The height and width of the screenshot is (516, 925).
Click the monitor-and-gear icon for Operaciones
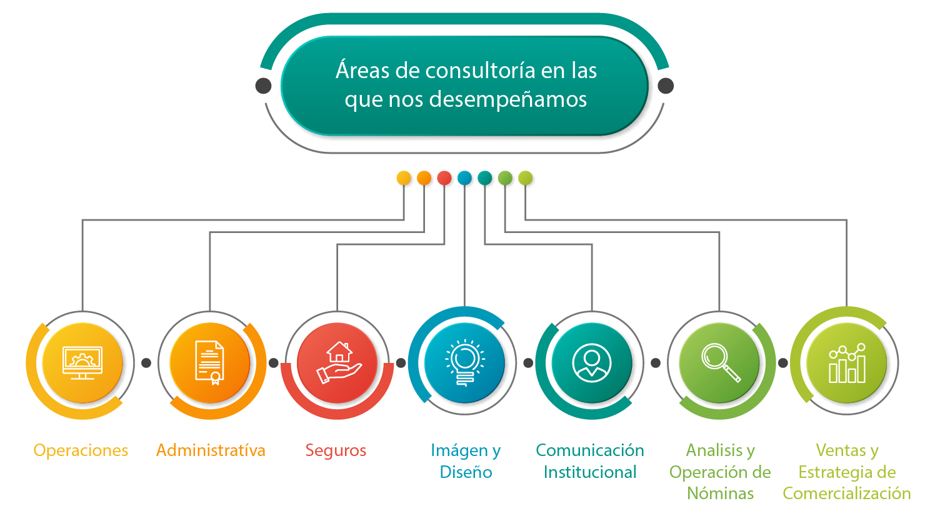click(x=82, y=363)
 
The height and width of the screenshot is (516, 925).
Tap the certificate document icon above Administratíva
click(x=210, y=363)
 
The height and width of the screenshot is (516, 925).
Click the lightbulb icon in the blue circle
click(x=465, y=363)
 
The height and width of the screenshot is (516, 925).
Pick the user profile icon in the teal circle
click(x=592, y=363)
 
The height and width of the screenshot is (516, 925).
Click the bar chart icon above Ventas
click(x=847, y=363)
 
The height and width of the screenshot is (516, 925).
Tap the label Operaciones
click(x=81, y=450)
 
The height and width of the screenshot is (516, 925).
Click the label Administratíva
click(x=211, y=450)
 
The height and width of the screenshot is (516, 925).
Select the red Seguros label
click(x=336, y=451)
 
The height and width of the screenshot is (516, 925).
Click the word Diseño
click(x=466, y=472)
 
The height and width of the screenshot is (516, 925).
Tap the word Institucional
click(x=590, y=472)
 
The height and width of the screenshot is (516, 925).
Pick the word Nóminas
click(x=720, y=494)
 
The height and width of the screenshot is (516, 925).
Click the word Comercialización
click(x=847, y=494)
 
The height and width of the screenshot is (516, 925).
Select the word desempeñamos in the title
click(x=508, y=100)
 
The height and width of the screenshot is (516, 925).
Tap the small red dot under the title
click(x=444, y=178)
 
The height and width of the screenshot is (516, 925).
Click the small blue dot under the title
click(x=464, y=178)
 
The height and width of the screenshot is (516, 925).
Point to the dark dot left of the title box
click(x=264, y=86)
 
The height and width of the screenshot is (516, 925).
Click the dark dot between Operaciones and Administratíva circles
click(x=146, y=363)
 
